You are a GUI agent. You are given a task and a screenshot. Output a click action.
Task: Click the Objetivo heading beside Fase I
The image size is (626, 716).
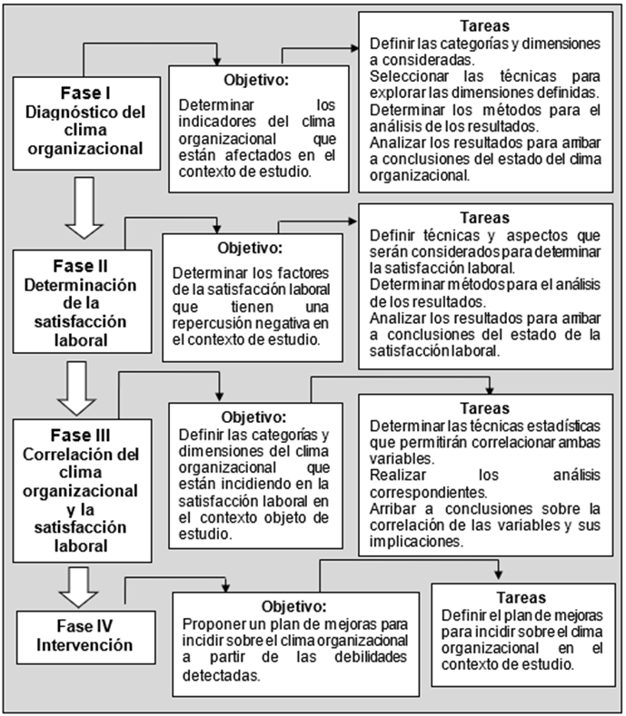pyautogui.click(x=257, y=80)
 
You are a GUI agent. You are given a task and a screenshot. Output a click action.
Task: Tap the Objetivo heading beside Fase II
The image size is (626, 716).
pyautogui.click(x=250, y=247)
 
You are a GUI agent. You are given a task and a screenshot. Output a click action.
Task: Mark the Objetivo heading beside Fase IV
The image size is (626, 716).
pyautogui.click(x=293, y=605)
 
